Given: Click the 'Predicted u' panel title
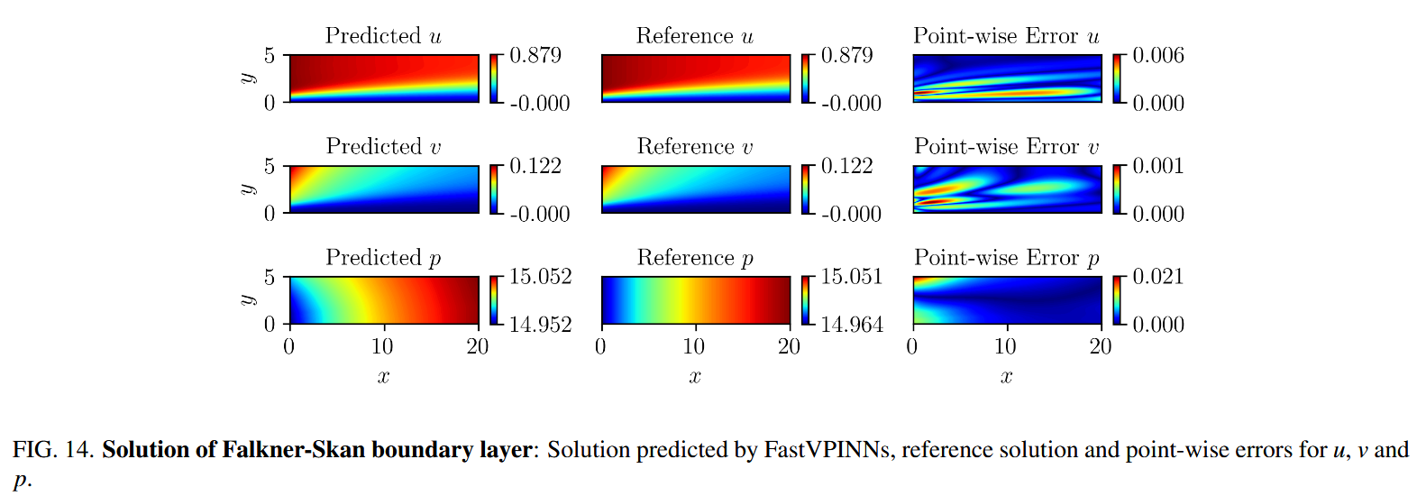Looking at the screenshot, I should [383, 36].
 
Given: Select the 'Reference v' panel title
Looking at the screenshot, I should [695, 147].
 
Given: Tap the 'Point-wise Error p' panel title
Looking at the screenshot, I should [1007, 258].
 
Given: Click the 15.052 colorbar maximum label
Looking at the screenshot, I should [540, 277].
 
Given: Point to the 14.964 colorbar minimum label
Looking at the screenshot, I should [852, 325].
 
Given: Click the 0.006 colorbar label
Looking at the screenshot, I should [1158, 56].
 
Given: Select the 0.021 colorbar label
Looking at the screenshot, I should [1158, 277].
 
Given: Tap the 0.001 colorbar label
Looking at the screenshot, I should [1158, 166].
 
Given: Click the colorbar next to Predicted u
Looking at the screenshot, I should [494, 78].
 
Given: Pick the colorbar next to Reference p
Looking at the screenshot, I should [806, 300].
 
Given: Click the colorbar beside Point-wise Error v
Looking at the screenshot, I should [1117, 189].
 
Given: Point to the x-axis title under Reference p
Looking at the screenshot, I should [695, 377].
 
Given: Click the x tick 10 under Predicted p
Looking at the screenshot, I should [382, 347].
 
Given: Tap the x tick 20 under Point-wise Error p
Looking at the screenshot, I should [1100, 347].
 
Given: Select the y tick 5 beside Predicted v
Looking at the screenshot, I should [270, 166].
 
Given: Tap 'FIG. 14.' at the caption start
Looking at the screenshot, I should [53, 449].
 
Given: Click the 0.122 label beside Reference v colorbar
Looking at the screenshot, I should [846, 166].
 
